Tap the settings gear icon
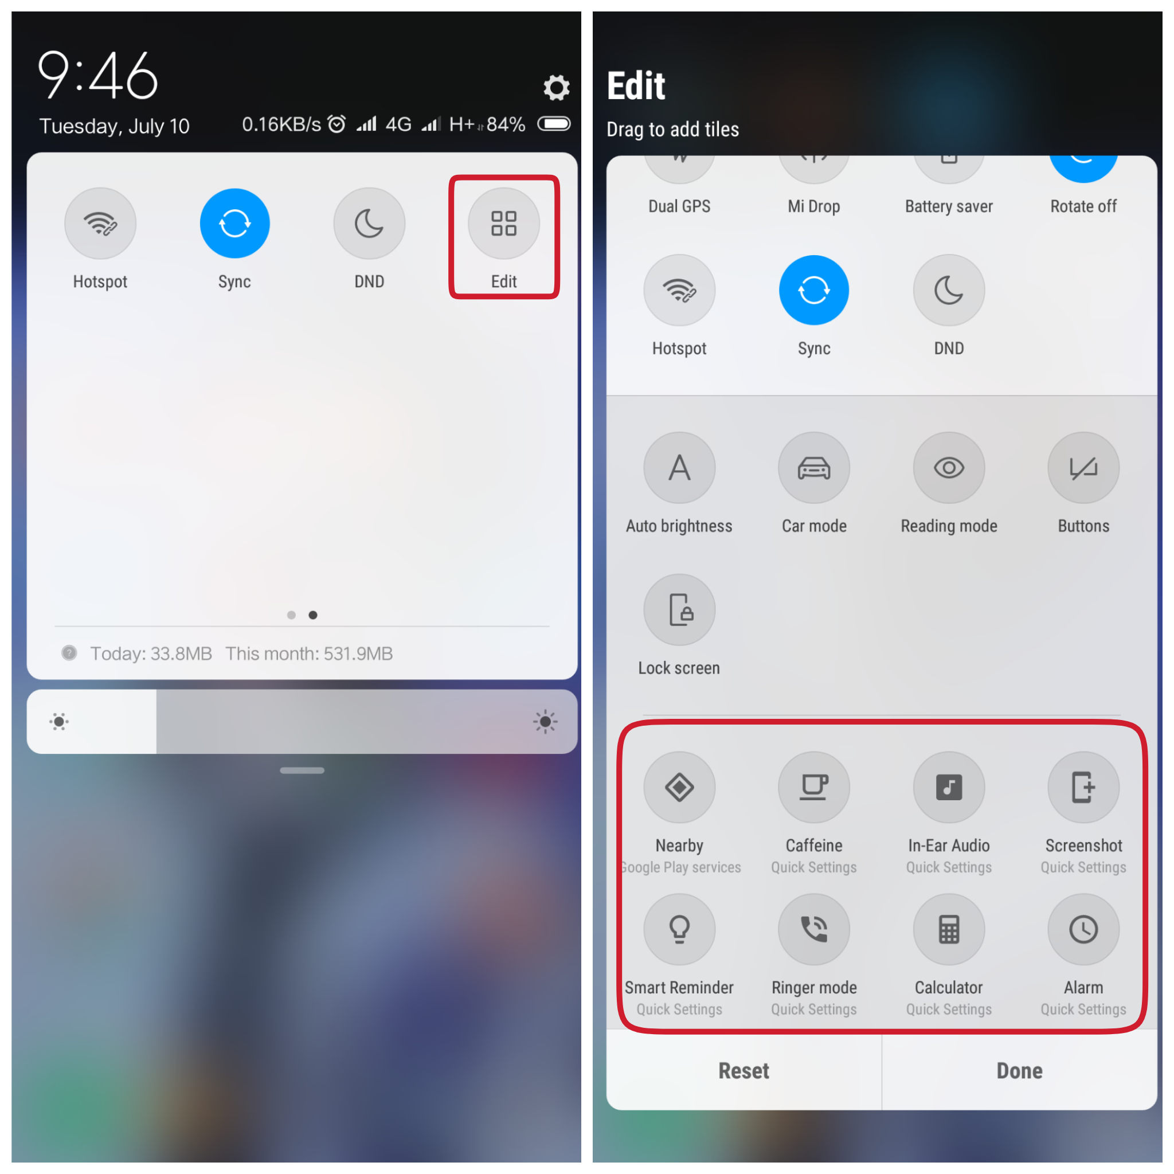[555, 88]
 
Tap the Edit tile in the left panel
[504, 224]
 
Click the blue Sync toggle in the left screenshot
[234, 224]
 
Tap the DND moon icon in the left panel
[369, 224]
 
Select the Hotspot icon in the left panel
[100, 224]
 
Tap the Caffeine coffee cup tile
[813, 788]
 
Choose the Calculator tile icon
[949, 929]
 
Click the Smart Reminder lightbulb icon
[679, 929]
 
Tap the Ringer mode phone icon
[813, 929]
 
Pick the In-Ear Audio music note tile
[949, 788]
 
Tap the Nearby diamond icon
[679, 788]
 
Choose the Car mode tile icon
[813, 468]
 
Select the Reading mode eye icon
[949, 468]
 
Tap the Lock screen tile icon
[679, 609]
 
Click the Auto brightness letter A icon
[679, 468]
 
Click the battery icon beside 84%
[554, 124]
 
